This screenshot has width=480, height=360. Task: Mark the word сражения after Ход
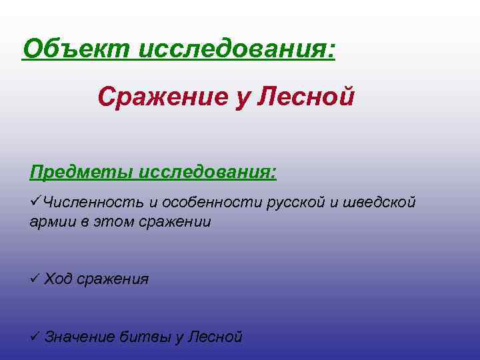[113, 279]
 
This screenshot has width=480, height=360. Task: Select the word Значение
[79, 337]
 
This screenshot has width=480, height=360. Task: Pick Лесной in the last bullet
[215, 337]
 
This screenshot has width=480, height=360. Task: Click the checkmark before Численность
[35, 202]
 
